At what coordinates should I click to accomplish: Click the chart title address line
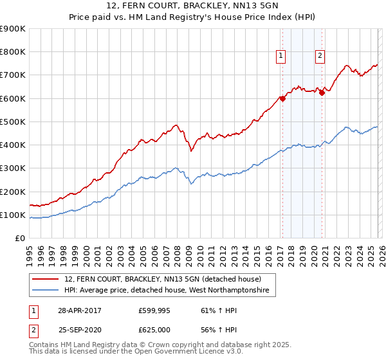coord(192,6)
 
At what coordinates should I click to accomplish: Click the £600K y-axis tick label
coord(12,98)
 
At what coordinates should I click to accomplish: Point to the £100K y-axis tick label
coord(12,215)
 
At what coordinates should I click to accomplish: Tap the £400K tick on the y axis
coord(12,145)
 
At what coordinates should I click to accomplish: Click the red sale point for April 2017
coord(282,99)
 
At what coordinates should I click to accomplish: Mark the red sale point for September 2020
coord(322,93)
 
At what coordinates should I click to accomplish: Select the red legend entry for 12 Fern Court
coord(162,280)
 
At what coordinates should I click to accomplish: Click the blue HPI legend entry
coord(170,291)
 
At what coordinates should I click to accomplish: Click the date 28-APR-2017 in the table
coord(80,310)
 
